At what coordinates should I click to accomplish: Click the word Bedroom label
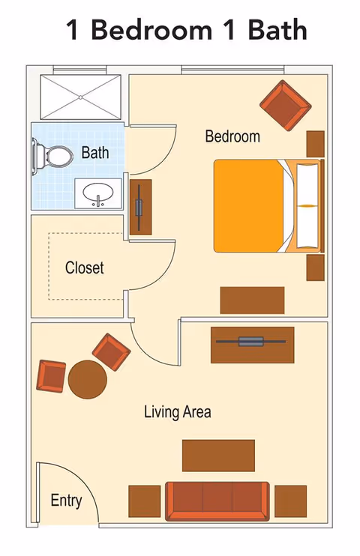(232, 136)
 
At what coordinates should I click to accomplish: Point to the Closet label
(84, 268)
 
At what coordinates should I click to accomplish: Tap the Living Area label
(177, 411)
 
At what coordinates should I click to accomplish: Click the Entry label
(66, 501)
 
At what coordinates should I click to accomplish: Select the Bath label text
(95, 153)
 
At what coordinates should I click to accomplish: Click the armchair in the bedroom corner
(285, 104)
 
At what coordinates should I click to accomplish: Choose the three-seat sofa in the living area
(217, 501)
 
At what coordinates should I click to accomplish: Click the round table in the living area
(88, 380)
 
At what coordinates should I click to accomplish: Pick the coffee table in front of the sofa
(218, 455)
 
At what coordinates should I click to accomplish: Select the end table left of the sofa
(145, 501)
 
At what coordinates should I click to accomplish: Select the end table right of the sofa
(290, 501)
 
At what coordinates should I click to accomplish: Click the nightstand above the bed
(315, 143)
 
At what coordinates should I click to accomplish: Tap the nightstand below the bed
(315, 267)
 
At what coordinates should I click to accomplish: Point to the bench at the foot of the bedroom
(252, 300)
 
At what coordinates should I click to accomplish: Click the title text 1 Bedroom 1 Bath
(187, 30)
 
